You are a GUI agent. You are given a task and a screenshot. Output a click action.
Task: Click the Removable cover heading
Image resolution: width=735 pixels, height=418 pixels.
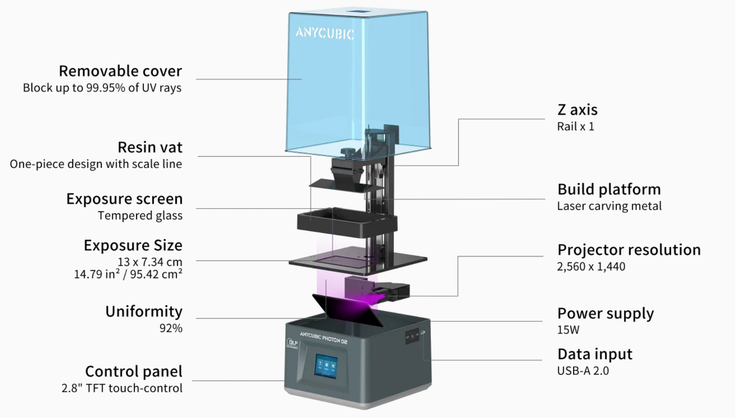click(x=120, y=71)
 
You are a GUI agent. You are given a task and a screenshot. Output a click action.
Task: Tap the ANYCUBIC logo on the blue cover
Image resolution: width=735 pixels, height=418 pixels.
click(x=325, y=33)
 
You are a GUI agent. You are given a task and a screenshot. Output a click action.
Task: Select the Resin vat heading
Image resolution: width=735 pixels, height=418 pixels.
click(x=150, y=147)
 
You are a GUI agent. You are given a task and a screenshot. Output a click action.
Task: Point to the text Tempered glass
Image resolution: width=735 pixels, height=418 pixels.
click(x=140, y=216)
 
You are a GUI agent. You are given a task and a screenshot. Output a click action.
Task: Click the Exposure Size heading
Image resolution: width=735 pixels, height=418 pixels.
click(x=133, y=245)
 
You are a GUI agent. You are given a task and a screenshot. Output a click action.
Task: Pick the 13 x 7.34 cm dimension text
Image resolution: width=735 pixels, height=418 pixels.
click(x=150, y=262)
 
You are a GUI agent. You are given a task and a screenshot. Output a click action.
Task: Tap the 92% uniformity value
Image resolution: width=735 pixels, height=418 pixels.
click(x=171, y=328)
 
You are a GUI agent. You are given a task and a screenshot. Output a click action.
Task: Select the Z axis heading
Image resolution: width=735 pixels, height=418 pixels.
click(x=577, y=110)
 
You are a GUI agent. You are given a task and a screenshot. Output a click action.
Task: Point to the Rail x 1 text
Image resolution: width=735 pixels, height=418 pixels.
click(x=575, y=127)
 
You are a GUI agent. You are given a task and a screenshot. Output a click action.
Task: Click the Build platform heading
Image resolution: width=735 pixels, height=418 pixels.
click(x=609, y=189)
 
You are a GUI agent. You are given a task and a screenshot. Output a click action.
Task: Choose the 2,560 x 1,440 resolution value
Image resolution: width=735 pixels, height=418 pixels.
click(x=591, y=266)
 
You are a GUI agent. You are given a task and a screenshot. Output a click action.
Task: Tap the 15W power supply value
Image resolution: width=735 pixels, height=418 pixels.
click(x=568, y=330)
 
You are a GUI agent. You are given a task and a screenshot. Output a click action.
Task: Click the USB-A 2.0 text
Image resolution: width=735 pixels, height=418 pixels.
click(x=583, y=371)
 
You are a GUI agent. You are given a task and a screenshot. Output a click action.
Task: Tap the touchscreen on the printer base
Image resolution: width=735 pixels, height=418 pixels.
click(x=326, y=366)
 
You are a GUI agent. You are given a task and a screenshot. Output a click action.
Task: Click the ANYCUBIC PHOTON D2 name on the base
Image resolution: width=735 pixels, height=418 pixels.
click(x=323, y=338)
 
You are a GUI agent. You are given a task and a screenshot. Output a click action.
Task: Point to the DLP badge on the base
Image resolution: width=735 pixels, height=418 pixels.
click(x=292, y=344)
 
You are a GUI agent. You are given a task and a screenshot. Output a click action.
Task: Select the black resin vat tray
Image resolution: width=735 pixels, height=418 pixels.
click(x=347, y=222)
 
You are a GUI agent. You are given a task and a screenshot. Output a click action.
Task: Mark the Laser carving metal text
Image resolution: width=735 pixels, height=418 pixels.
click(x=609, y=206)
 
